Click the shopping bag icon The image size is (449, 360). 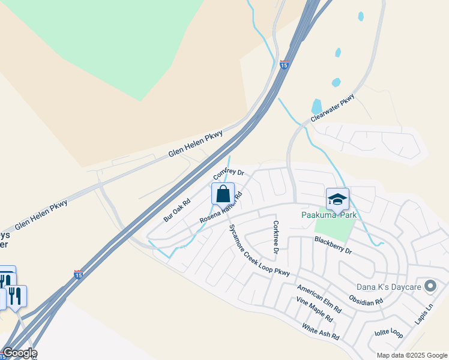[x=223, y=194]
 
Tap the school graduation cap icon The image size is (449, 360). [x=337, y=199]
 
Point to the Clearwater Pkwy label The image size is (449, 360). [x=334, y=108]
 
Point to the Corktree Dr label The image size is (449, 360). [x=276, y=237]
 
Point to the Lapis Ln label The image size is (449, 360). [x=423, y=315]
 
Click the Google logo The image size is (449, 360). [x=19, y=353]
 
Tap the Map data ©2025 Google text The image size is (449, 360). [x=411, y=355]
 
